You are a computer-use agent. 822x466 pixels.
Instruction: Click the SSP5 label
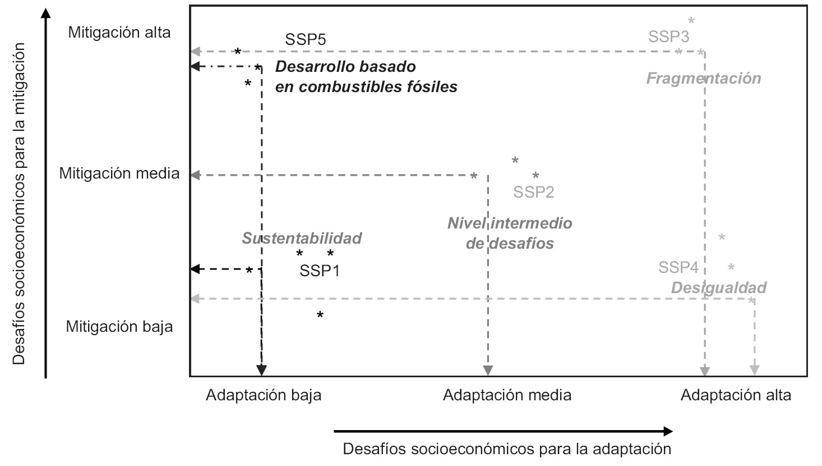pos(306,40)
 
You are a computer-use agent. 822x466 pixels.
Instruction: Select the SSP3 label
pos(668,37)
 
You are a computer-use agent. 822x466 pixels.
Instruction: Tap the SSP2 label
pos(534,193)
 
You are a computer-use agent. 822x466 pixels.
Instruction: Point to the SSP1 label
pos(320,271)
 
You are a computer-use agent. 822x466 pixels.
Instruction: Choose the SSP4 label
pos(678,267)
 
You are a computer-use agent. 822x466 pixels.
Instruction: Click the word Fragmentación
pos(704,78)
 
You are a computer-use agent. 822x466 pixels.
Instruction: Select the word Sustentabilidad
pos(302,238)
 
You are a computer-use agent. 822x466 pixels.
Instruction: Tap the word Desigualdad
pos(719,288)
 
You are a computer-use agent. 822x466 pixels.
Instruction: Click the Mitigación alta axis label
pos(119,33)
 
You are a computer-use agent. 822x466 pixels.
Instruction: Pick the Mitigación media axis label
pos(119,173)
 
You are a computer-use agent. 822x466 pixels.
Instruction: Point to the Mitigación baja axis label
pos(119,327)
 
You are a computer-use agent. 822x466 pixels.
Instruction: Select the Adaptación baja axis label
pos(264,395)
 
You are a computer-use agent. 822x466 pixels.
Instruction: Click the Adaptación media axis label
pos(507,395)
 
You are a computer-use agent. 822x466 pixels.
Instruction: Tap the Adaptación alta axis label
pos(736,395)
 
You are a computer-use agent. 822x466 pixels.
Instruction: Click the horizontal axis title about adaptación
pos(507,449)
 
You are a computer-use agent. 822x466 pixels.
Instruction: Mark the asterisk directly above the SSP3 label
pos(691,21)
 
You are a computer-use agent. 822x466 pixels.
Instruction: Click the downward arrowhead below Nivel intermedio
pos(488,370)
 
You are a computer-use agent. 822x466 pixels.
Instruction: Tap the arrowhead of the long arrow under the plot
pos(667,431)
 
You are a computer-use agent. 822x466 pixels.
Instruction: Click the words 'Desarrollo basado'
pos(345,67)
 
